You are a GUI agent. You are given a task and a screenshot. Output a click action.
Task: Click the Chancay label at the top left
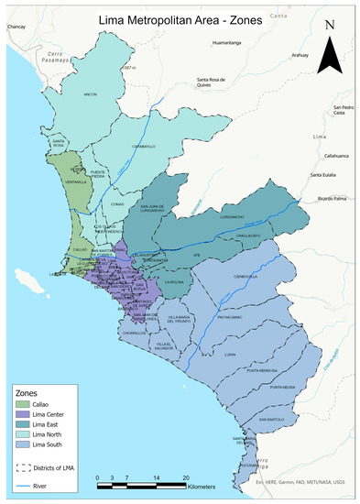tap(17, 28)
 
